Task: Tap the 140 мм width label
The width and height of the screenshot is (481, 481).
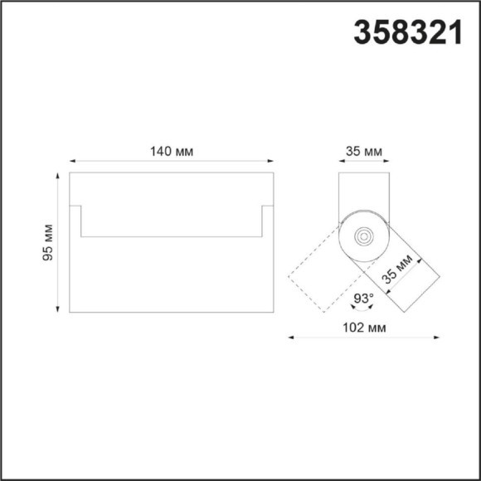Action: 171,152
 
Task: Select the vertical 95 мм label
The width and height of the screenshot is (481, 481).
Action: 48,243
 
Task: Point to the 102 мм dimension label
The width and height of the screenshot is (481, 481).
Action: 364,328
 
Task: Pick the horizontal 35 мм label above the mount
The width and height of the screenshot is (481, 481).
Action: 363,152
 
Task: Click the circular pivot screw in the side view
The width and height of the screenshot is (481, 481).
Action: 363,236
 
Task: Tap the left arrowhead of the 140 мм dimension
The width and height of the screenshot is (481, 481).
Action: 71,161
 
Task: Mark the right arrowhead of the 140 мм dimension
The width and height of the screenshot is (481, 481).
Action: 270,161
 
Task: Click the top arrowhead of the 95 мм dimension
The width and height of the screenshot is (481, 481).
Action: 57,176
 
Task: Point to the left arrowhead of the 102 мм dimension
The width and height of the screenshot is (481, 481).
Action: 291,338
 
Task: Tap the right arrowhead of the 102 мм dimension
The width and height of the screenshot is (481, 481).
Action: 436,338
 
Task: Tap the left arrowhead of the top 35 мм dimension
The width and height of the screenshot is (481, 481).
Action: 341,161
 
